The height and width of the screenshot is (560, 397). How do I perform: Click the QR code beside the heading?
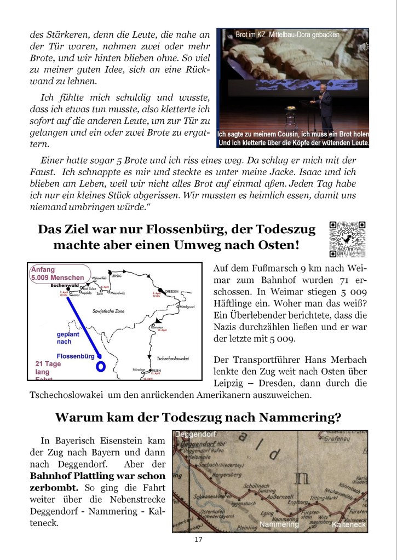[348, 239]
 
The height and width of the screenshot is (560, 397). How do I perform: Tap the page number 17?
[198, 540]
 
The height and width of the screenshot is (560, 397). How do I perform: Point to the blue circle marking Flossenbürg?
[100, 366]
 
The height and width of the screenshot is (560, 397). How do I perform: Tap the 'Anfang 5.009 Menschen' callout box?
[59, 274]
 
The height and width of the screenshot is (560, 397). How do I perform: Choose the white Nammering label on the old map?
[280, 524]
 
